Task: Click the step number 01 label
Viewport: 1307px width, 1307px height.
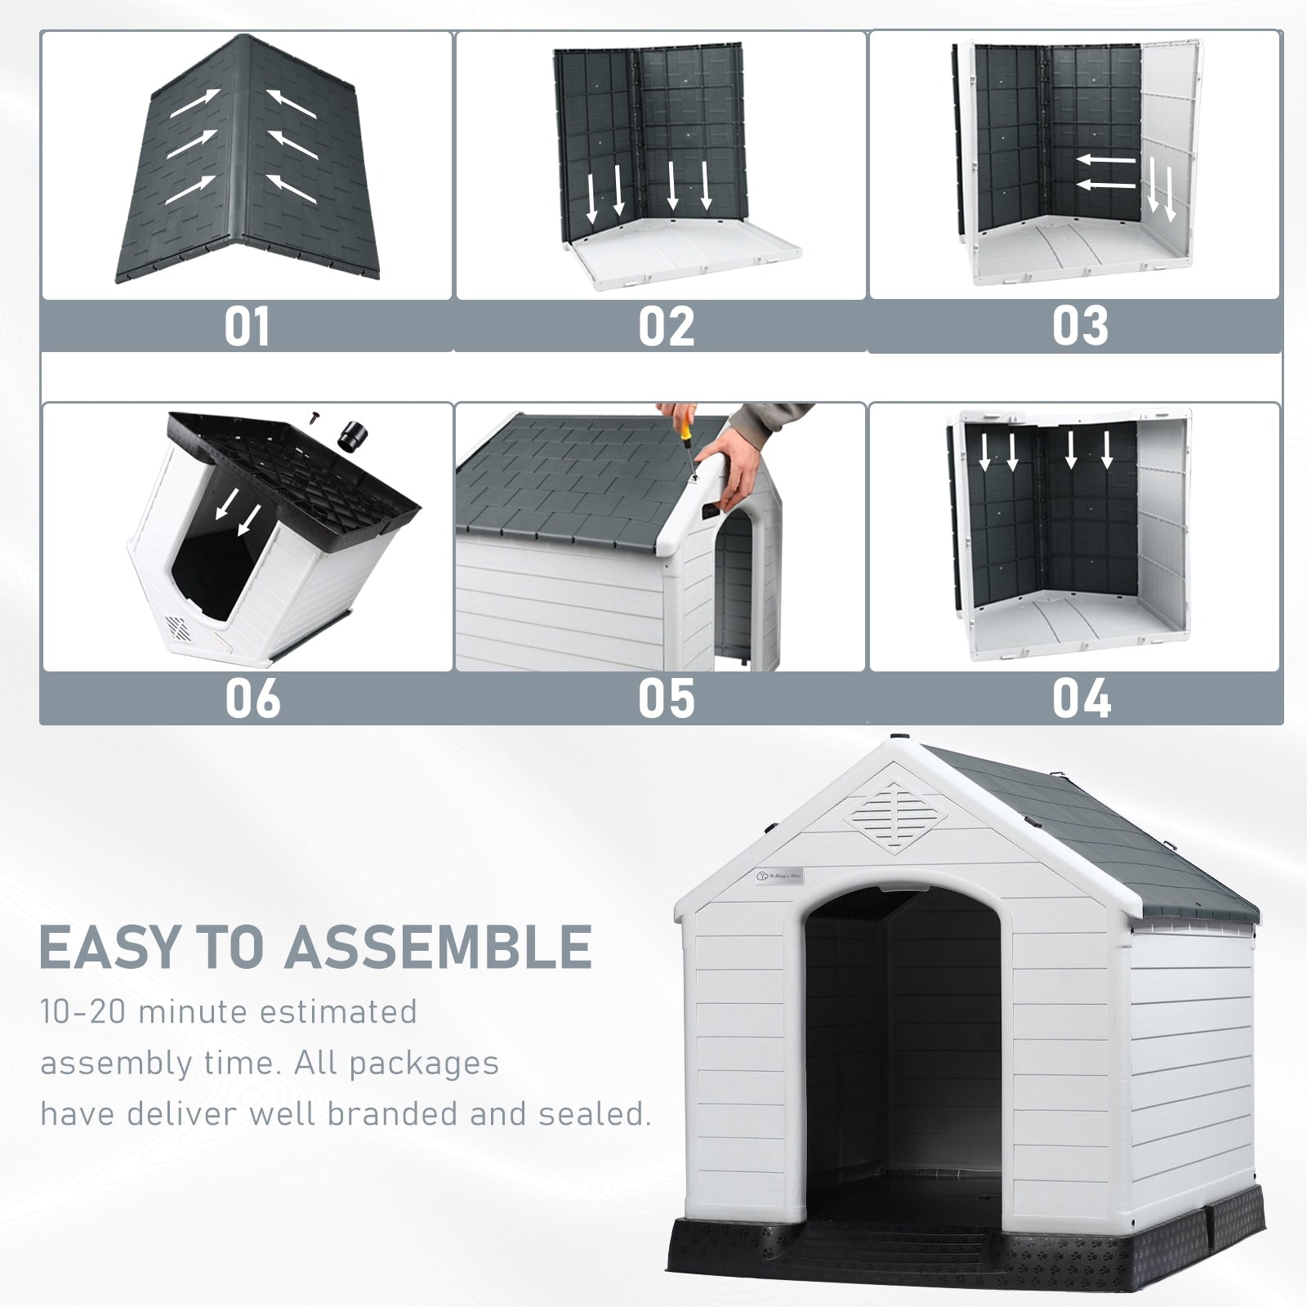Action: (x=247, y=327)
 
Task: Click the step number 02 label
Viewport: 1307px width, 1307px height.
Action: (x=666, y=327)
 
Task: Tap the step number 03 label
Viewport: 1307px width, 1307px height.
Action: (x=1080, y=327)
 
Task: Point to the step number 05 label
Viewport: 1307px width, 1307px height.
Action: (x=666, y=699)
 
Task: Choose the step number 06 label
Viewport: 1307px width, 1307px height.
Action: (x=252, y=699)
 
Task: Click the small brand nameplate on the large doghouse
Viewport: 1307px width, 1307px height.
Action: (x=781, y=875)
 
